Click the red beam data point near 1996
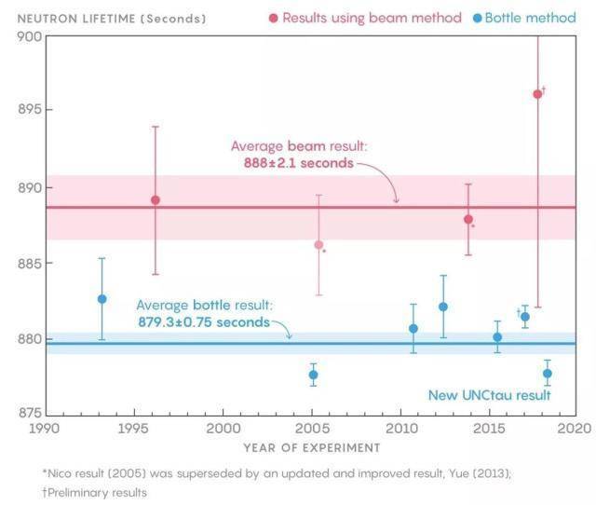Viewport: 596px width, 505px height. [x=156, y=200]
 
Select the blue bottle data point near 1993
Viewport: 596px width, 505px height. [x=102, y=299]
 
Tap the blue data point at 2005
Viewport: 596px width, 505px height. [x=313, y=375]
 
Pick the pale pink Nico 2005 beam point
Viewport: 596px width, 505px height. [x=318, y=245]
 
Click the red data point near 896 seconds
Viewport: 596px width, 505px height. [x=537, y=94]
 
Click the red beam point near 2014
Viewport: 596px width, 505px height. [x=468, y=220]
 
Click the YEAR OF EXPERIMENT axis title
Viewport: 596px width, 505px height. [x=312, y=448]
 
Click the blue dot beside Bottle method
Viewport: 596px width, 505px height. [x=476, y=18]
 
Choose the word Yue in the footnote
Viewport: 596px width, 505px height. [x=458, y=473]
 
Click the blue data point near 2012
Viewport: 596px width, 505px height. [x=443, y=307]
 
